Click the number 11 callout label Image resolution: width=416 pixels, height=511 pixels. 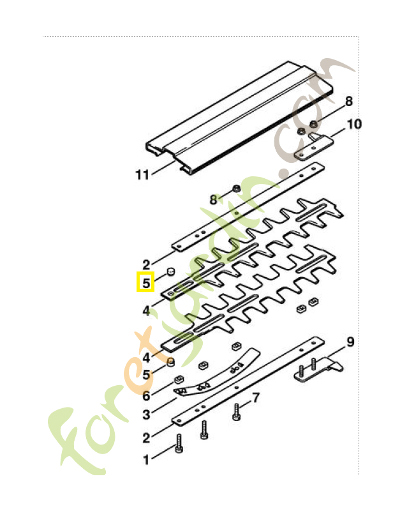tap(142, 174)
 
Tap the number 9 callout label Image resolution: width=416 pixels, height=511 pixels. tap(350, 342)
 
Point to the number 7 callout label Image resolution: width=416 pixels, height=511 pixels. tap(256, 398)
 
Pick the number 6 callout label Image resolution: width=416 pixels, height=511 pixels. tap(146, 396)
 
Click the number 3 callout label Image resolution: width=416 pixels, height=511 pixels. tap(146, 415)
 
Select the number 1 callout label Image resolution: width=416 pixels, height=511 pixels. tap(146, 459)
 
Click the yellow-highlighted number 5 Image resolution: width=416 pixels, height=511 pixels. tap(146, 282)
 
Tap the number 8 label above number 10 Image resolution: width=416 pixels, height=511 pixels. tap(349, 101)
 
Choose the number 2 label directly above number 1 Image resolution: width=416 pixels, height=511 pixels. tap(146, 438)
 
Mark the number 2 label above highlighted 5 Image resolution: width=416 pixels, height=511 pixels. tap(146, 263)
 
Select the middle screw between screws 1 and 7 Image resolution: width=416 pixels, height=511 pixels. tap(204, 430)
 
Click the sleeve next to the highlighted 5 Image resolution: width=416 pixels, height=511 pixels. tap(170, 272)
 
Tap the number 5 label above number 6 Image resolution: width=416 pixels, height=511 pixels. tap(146, 375)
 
